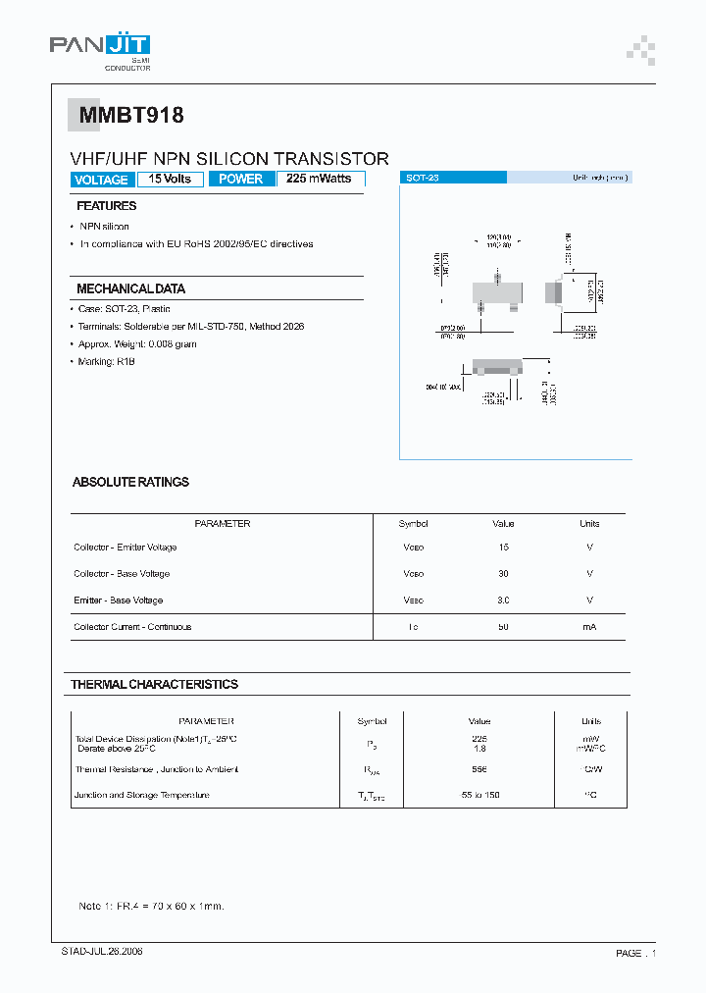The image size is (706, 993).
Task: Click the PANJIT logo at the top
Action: (99, 45)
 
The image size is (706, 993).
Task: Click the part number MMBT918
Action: (126, 116)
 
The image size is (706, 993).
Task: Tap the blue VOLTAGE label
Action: (101, 180)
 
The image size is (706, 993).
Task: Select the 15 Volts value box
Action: (171, 179)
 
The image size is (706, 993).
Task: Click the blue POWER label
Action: (240, 179)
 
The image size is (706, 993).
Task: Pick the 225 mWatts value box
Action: (320, 179)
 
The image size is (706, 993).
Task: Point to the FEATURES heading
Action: (106, 206)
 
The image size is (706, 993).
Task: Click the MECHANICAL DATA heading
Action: (130, 289)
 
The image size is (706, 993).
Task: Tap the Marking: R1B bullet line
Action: (107, 362)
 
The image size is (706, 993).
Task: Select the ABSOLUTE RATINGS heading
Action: (130, 483)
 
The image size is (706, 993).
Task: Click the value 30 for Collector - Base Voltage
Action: (504, 574)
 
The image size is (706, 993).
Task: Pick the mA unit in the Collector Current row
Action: (589, 627)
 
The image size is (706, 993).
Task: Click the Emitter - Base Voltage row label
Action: (118, 601)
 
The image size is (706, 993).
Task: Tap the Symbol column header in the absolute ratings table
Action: (413, 524)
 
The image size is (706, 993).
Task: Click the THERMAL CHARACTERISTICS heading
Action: (154, 684)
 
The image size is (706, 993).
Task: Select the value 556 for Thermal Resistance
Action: (479, 770)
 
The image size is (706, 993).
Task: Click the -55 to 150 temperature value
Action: (479, 795)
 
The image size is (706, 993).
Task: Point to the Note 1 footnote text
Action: (151, 906)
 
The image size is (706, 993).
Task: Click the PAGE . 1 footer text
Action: (635, 953)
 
